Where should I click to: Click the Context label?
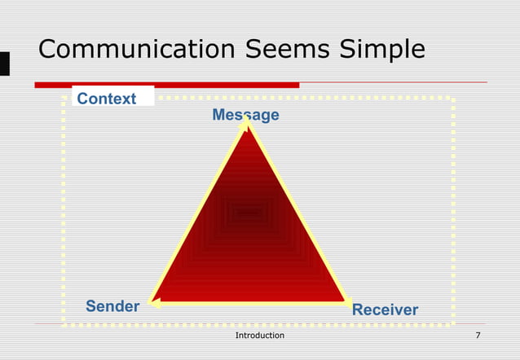107,99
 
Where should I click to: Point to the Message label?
245,115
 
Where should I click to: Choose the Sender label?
112,307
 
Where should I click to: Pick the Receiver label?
385,310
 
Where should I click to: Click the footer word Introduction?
259,336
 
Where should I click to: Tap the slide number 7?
478,336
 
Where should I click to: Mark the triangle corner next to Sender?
153,302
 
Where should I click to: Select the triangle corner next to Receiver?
345,302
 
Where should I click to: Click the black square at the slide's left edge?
4,64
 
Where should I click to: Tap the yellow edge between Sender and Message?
198,213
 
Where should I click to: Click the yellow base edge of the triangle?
249,303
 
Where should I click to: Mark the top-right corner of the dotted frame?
452,99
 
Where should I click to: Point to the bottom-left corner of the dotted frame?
64,324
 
